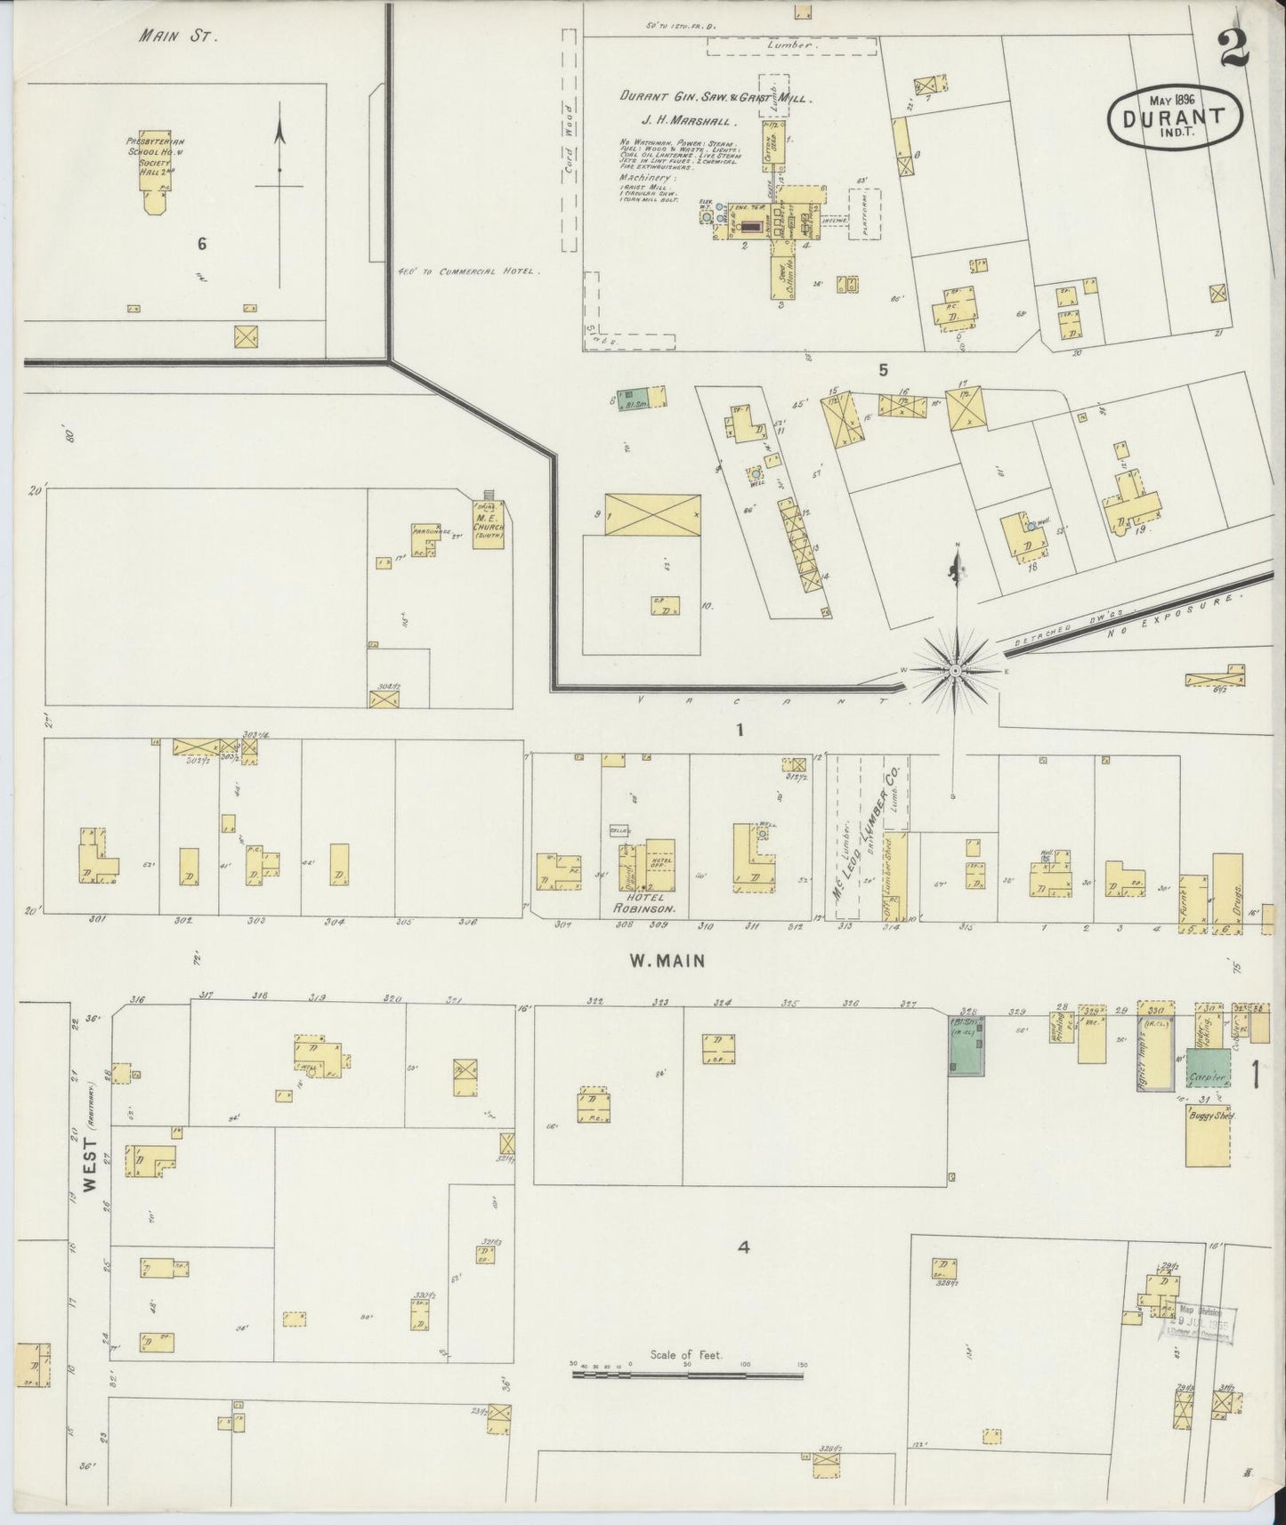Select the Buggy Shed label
pos(1207,1115)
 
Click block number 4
pos(744,1247)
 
